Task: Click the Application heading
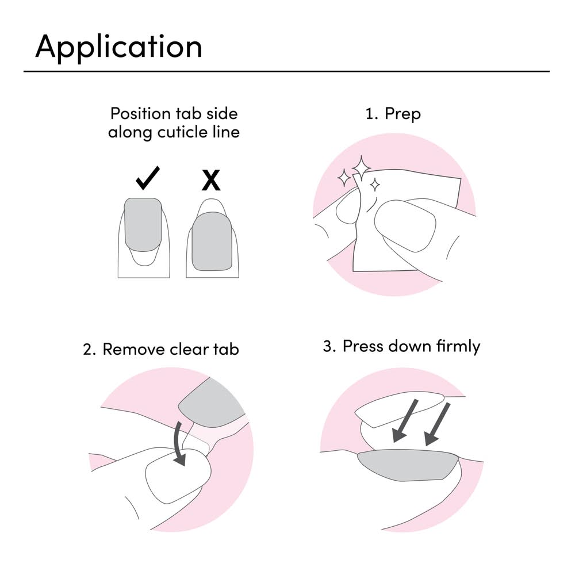pyautogui.click(x=118, y=47)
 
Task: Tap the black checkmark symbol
pyautogui.click(x=147, y=178)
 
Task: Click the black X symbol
pyautogui.click(x=211, y=180)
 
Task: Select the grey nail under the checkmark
pyautogui.click(x=143, y=224)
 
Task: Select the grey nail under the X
pyautogui.click(x=212, y=241)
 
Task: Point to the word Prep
pyautogui.click(x=402, y=114)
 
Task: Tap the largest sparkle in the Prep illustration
pyautogui.click(x=362, y=168)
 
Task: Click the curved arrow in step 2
pyautogui.click(x=179, y=444)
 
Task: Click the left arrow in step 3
pyautogui.click(x=404, y=421)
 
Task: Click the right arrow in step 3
pyautogui.click(x=437, y=424)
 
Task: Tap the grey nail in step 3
pyautogui.click(x=408, y=465)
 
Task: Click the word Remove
pyautogui.click(x=134, y=349)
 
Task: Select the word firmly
pyautogui.click(x=458, y=347)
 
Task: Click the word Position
pyautogui.click(x=140, y=114)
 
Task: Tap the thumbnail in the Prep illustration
pyautogui.click(x=405, y=225)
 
